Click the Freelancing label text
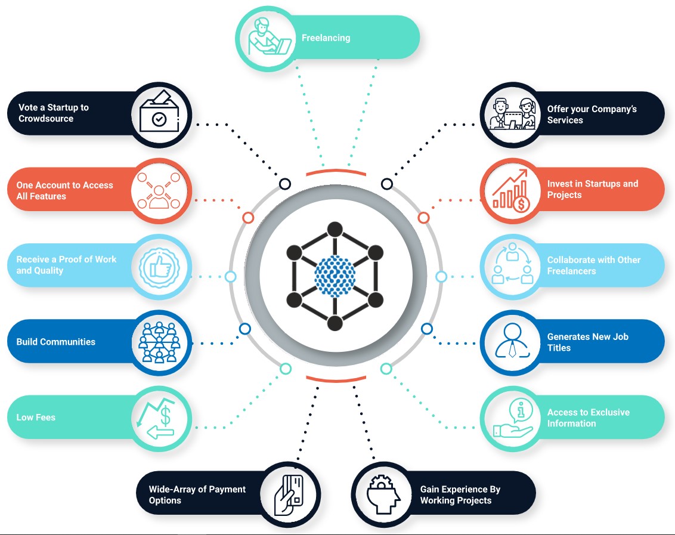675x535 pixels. (326, 38)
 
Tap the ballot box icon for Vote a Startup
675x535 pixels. (159, 114)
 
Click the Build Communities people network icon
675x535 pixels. (159, 342)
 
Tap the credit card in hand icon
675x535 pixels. (289, 494)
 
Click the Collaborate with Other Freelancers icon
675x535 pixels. (512, 266)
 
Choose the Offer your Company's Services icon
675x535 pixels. (512, 114)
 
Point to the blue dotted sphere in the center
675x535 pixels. (335, 276)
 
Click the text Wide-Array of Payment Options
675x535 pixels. (197, 494)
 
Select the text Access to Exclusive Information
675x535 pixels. (588, 418)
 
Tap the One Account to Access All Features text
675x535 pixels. (64, 190)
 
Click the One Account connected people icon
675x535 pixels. (159, 190)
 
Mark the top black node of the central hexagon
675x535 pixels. (335, 230)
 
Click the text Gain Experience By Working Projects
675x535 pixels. (460, 494)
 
